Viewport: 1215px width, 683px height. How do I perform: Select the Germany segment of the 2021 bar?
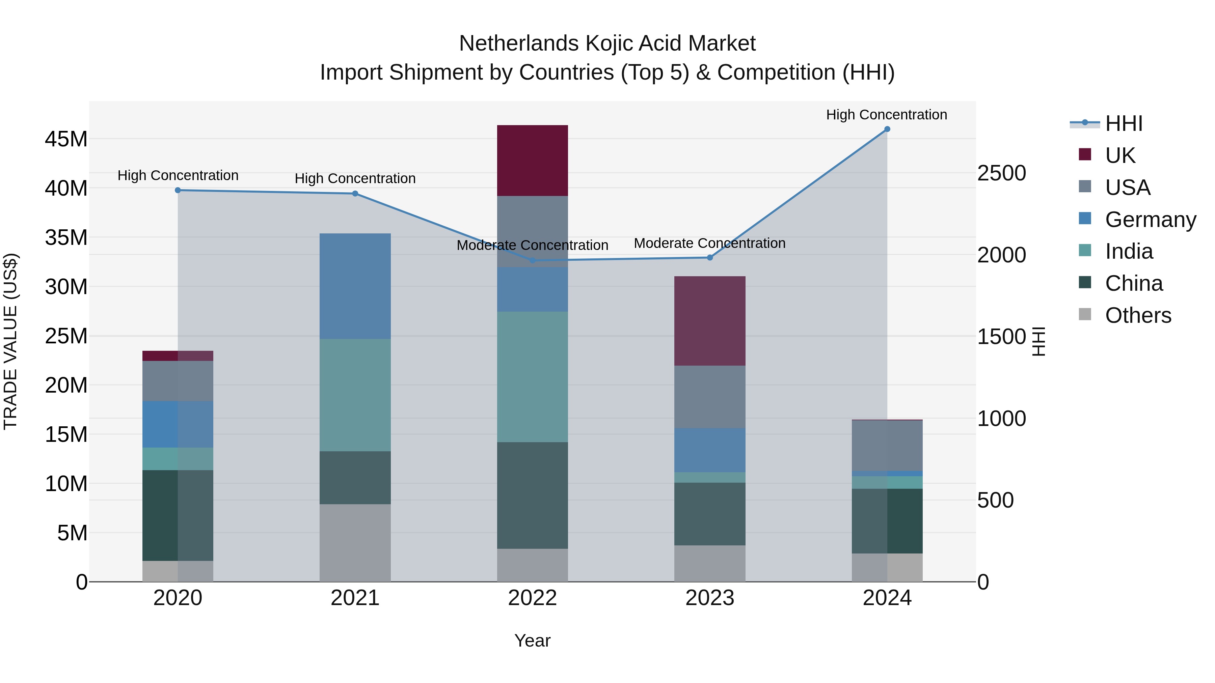tap(355, 286)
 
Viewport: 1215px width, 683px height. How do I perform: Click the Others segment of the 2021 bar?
tap(355, 543)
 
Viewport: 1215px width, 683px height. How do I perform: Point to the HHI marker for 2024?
tap(887, 129)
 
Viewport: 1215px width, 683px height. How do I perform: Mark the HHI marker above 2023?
tap(709, 257)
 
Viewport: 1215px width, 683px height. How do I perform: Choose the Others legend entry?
tap(1138, 315)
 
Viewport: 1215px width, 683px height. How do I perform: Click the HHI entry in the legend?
tap(1124, 123)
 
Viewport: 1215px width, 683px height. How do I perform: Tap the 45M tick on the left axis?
tap(66, 139)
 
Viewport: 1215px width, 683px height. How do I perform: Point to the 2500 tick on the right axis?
tap(1001, 173)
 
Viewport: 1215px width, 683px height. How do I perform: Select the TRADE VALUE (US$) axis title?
tap(10, 341)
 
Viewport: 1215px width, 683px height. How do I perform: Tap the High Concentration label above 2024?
tap(886, 115)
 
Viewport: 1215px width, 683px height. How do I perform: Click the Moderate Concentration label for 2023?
tap(709, 243)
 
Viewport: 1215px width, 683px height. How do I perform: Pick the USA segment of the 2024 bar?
tap(887, 445)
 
